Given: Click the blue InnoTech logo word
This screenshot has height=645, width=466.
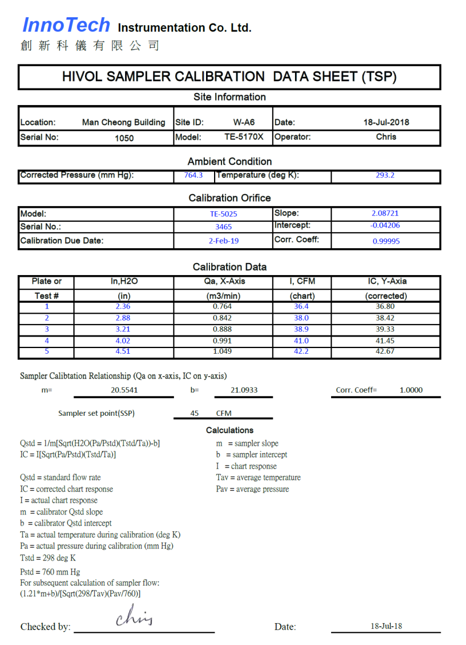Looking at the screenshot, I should (66, 25).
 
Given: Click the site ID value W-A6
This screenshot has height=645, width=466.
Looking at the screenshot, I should (244, 122).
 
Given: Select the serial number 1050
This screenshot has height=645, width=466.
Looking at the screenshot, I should (124, 138).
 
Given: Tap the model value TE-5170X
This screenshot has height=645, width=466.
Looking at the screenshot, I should (244, 137).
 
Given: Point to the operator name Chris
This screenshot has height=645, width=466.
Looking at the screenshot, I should (386, 137).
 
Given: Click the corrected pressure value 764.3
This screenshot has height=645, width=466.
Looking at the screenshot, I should (193, 176).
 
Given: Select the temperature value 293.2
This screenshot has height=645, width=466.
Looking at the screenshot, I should (385, 176).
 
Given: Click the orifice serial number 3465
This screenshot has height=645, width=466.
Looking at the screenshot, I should (223, 227).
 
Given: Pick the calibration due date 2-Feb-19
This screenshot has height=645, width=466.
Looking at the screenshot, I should (223, 241).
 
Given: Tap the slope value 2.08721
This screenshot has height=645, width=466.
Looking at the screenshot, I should (385, 214).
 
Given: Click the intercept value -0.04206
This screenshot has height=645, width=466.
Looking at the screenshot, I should (385, 226).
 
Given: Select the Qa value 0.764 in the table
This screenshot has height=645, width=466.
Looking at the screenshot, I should (222, 307).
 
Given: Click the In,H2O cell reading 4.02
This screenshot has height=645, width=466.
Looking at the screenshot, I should (123, 341).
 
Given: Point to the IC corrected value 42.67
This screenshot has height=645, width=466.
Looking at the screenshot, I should (385, 352).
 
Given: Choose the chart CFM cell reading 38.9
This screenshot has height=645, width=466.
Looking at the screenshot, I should (301, 329).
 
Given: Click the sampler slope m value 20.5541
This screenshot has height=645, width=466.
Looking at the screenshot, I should (124, 391).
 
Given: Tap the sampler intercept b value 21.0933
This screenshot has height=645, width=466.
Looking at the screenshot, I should (244, 391).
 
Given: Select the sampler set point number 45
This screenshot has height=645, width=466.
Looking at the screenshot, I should (195, 414).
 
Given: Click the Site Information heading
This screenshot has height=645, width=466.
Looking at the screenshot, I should (230, 97).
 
